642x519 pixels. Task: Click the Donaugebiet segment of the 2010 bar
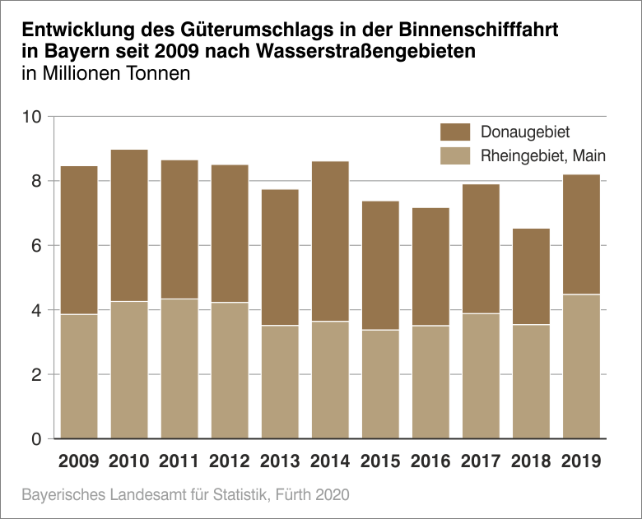click(129, 225)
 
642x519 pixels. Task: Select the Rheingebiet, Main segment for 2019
click(581, 366)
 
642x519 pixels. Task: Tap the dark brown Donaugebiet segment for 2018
click(531, 276)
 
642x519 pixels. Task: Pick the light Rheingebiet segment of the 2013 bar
click(280, 382)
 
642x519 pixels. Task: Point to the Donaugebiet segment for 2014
click(330, 241)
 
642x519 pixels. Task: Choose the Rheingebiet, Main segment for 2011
click(179, 368)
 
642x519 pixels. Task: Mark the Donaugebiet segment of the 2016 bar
click(430, 266)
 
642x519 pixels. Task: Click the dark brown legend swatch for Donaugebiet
click(455, 132)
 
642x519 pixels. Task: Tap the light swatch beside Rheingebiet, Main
click(455, 155)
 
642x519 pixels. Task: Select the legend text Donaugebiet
click(524, 132)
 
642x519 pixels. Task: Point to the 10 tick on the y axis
click(31, 117)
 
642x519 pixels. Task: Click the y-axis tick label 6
click(35, 246)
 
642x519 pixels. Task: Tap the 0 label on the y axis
click(35, 439)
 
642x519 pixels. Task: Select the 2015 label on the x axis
click(380, 461)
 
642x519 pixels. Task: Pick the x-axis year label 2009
click(79, 461)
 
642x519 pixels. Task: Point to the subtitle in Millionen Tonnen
click(106, 74)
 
